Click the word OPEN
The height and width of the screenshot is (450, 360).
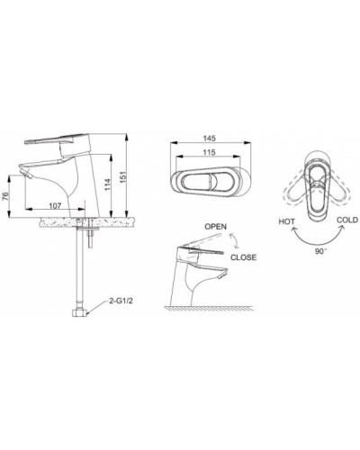pos(217,226)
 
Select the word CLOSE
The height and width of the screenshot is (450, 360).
pos(244,256)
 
